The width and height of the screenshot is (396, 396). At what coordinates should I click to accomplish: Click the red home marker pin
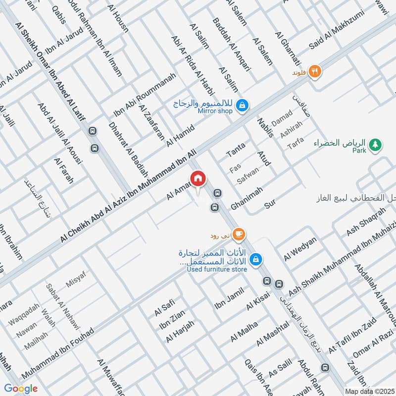click(x=198, y=178)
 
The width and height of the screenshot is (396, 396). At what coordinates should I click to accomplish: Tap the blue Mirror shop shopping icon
click(x=243, y=105)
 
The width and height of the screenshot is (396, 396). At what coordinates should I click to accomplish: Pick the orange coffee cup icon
click(x=239, y=233)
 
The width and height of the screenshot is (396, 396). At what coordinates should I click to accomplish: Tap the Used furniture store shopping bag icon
click(x=256, y=259)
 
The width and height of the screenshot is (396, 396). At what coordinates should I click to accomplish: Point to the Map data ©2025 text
click(x=370, y=391)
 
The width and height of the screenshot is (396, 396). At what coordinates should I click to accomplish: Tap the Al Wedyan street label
click(x=299, y=249)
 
